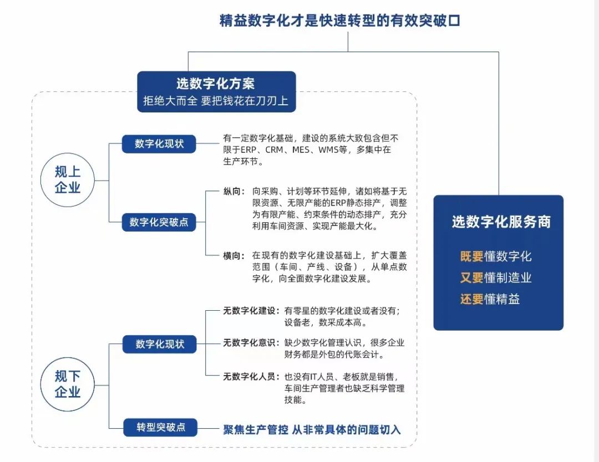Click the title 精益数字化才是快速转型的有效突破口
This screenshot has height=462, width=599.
pyautogui.click(x=339, y=21)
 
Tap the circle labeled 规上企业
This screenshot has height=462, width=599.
pyautogui.click(x=68, y=179)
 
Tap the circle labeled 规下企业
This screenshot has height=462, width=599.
pyautogui.click(x=68, y=384)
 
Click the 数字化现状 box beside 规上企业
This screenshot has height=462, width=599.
pyautogui.click(x=159, y=144)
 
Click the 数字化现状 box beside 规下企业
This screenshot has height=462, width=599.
pyautogui.click(x=160, y=344)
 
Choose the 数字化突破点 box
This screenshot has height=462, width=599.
pyautogui.click(x=159, y=223)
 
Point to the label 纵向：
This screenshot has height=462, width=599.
pyautogui.click(x=234, y=191)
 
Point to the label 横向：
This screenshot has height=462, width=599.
pyautogui.click(x=234, y=255)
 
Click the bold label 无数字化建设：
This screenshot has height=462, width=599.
pyautogui.click(x=251, y=311)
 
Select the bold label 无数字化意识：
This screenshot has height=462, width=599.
pyautogui.click(x=251, y=343)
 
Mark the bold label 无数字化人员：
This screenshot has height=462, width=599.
pyautogui.click(x=251, y=377)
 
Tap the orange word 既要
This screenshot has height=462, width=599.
pyautogui.click(x=471, y=256)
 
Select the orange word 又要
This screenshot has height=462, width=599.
pyautogui.click(x=471, y=278)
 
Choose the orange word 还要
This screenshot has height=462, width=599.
pyautogui.click(x=471, y=299)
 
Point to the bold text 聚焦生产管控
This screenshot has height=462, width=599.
pyautogui.click(x=256, y=429)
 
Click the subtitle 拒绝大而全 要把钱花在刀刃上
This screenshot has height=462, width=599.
pyautogui.click(x=216, y=101)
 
